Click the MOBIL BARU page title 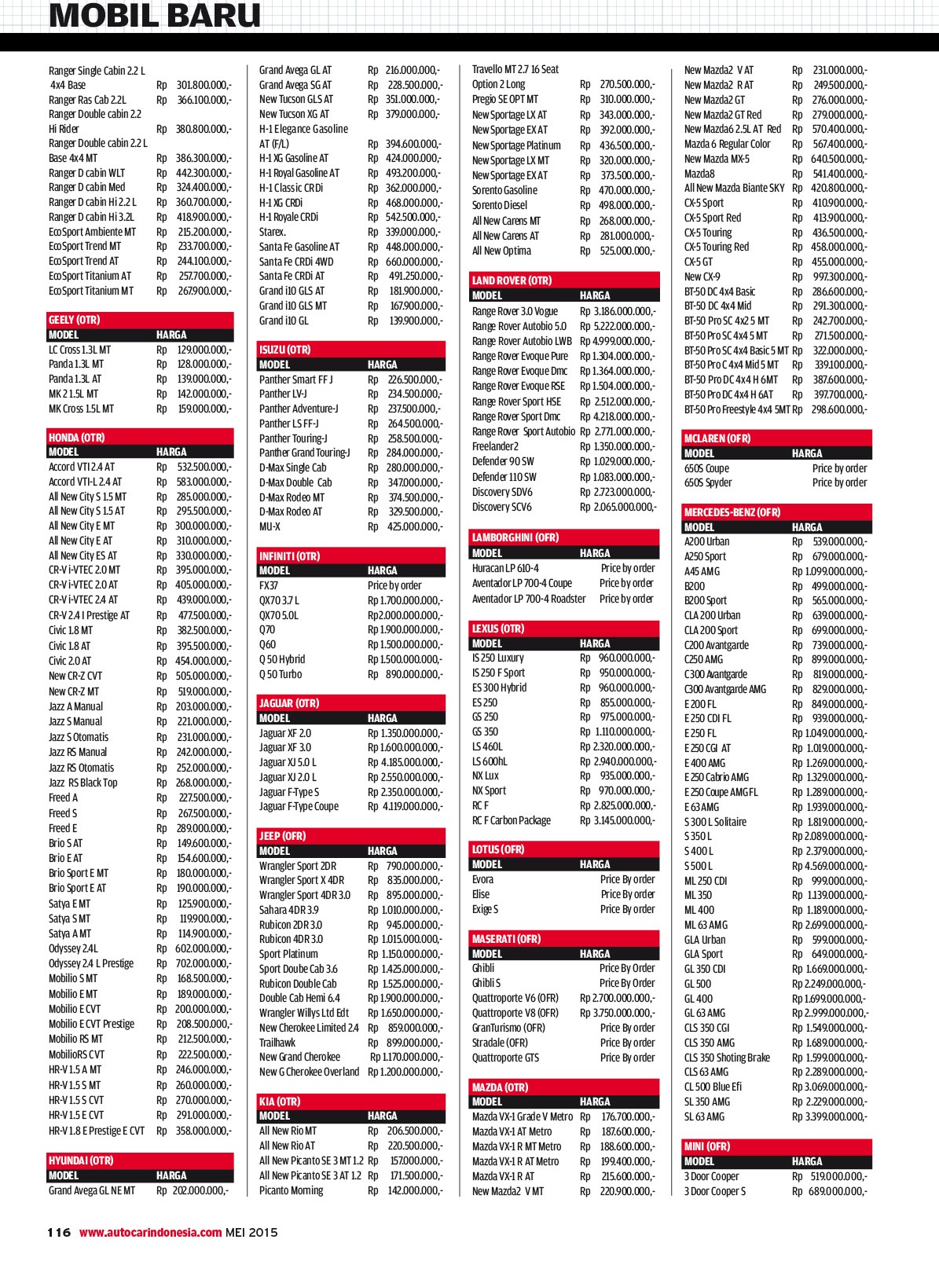click(x=155, y=16)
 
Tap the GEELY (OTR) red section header click(x=74, y=320)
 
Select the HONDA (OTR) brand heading click(x=76, y=438)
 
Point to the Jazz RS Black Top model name click(x=83, y=783)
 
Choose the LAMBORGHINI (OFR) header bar click(x=515, y=538)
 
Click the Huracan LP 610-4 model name click(x=505, y=568)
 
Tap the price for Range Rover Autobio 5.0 click(x=617, y=326)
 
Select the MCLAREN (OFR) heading click(x=717, y=438)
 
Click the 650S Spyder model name click(x=708, y=482)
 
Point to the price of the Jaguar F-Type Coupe click(x=405, y=806)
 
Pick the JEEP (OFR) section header click(x=283, y=836)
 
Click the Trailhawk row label click(x=277, y=1043)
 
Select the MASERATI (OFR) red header click(x=506, y=939)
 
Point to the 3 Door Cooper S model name click(x=715, y=1191)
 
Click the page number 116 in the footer click(x=59, y=1232)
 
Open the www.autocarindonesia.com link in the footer click(x=150, y=1232)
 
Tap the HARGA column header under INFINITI click(x=383, y=570)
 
